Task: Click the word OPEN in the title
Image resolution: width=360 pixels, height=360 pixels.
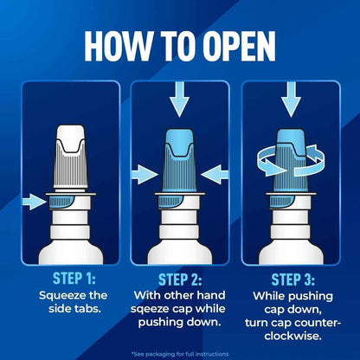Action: click(239, 46)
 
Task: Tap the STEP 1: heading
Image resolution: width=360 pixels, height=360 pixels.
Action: click(74, 278)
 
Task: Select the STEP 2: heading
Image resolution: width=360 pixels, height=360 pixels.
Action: click(180, 280)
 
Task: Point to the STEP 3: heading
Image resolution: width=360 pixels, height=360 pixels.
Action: click(293, 280)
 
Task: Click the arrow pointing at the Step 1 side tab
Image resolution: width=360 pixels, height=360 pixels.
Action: click(34, 202)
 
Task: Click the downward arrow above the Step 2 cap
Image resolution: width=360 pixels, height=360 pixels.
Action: click(179, 99)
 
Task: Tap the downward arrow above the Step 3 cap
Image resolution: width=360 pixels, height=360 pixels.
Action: click(291, 99)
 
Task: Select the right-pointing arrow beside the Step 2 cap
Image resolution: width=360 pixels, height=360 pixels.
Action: click(145, 175)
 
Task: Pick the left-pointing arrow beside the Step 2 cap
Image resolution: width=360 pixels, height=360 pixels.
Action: click(215, 175)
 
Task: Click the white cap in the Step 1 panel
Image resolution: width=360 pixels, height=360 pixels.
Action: click(71, 158)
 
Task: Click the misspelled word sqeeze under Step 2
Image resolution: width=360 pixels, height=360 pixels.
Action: click(150, 309)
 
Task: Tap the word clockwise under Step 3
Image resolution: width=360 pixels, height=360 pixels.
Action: click(293, 336)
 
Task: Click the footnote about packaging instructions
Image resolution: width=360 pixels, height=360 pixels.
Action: click(180, 354)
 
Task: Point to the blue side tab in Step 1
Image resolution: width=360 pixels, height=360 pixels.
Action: click(61, 202)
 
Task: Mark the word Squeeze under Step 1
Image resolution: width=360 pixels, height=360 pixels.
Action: click(59, 296)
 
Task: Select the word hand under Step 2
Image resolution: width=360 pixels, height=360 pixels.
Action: click(211, 295)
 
